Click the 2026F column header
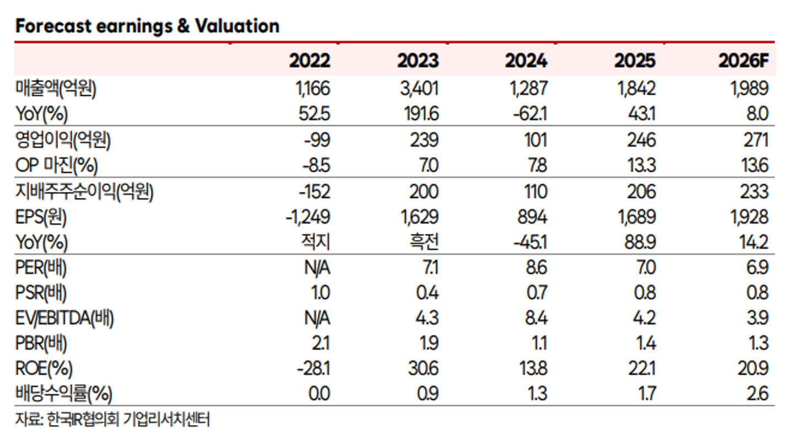(x=743, y=61)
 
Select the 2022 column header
(x=309, y=61)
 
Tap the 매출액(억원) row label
(x=56, y=89)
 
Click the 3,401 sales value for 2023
(x=419, y=88)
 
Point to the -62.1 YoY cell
(x=530, y=114)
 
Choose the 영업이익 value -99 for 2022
(x=317, y=140)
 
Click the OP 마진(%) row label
(x=56, y=165)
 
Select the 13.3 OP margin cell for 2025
(x=642, y=165)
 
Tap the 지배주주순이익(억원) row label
(x=84, y=192)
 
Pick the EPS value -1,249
(x=308, y=217)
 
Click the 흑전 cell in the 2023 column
(x=424, y=242)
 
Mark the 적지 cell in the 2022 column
(x=315, y=242)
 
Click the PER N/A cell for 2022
(x=317, y=268)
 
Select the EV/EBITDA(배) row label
(x=65, y=319)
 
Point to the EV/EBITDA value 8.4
(x=536, y=318)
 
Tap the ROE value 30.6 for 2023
(x=423, y=369)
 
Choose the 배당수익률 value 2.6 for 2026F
(x=757, y=394)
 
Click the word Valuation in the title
(x=237, y=26)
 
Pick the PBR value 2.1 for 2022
(x=320, y=343)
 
